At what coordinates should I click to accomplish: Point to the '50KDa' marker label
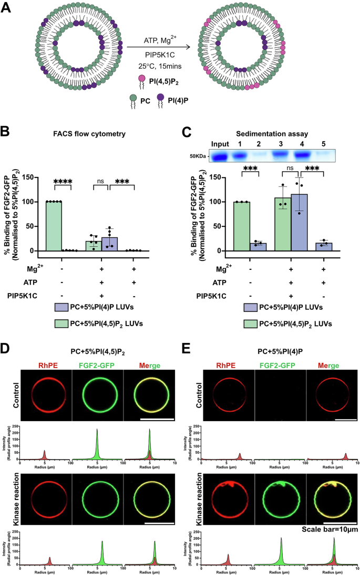199,156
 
